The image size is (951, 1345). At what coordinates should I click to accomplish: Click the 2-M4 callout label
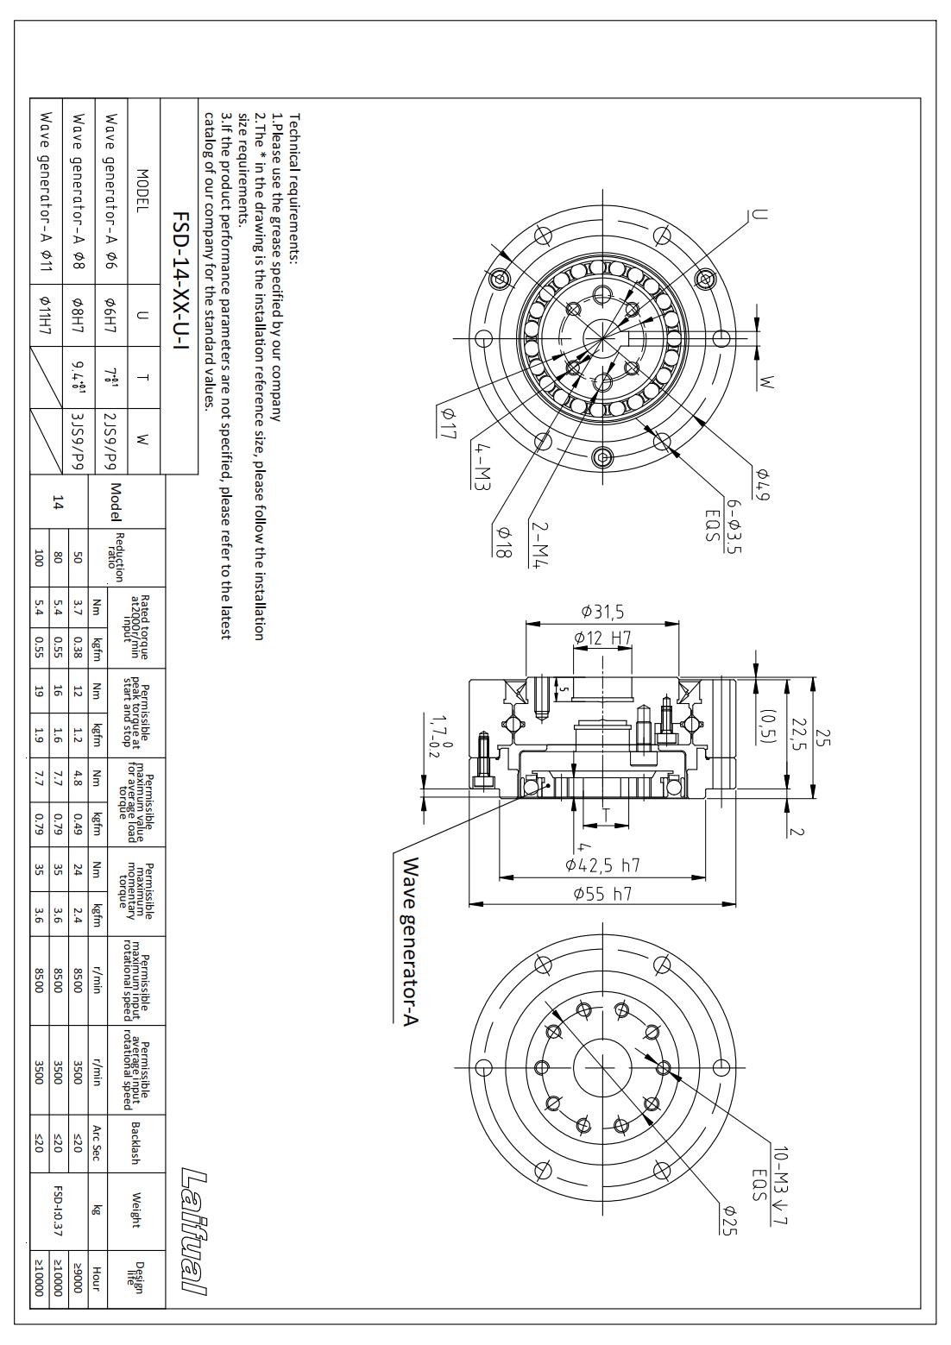coord(538,543)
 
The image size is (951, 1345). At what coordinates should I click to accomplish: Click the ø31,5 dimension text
coord(602,612)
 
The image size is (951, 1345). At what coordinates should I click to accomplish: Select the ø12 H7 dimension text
coord(602,638)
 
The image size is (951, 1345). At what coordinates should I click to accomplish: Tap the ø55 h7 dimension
coord(602,894)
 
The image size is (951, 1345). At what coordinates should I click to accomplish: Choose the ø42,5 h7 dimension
coord(602,864)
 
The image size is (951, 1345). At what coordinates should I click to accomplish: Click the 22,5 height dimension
coord(800,733)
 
